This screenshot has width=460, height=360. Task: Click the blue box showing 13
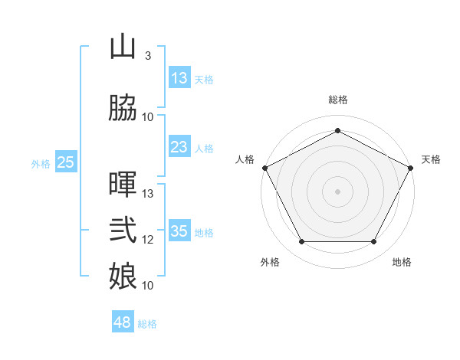(179, 78)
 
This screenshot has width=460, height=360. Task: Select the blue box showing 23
(179, 147)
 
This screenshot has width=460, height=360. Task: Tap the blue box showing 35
(179, 231)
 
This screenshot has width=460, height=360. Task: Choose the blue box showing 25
(65, 162)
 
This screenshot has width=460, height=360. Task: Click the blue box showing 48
(123, 322)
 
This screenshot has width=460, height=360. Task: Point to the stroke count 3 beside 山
(147, 56)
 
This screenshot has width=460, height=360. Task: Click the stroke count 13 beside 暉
(149, 193)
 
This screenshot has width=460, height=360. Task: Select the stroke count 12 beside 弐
(149, 239)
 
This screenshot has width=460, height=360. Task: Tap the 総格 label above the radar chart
(337, 100)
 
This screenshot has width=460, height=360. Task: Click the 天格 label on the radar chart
(431, 159)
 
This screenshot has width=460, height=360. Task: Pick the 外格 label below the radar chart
(270, 262)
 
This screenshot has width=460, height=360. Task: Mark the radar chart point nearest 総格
(337, 130)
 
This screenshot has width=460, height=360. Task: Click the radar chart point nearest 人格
(265, 168)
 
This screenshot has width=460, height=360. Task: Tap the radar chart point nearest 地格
(374, 242)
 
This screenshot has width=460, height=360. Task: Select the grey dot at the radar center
(337, 191)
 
